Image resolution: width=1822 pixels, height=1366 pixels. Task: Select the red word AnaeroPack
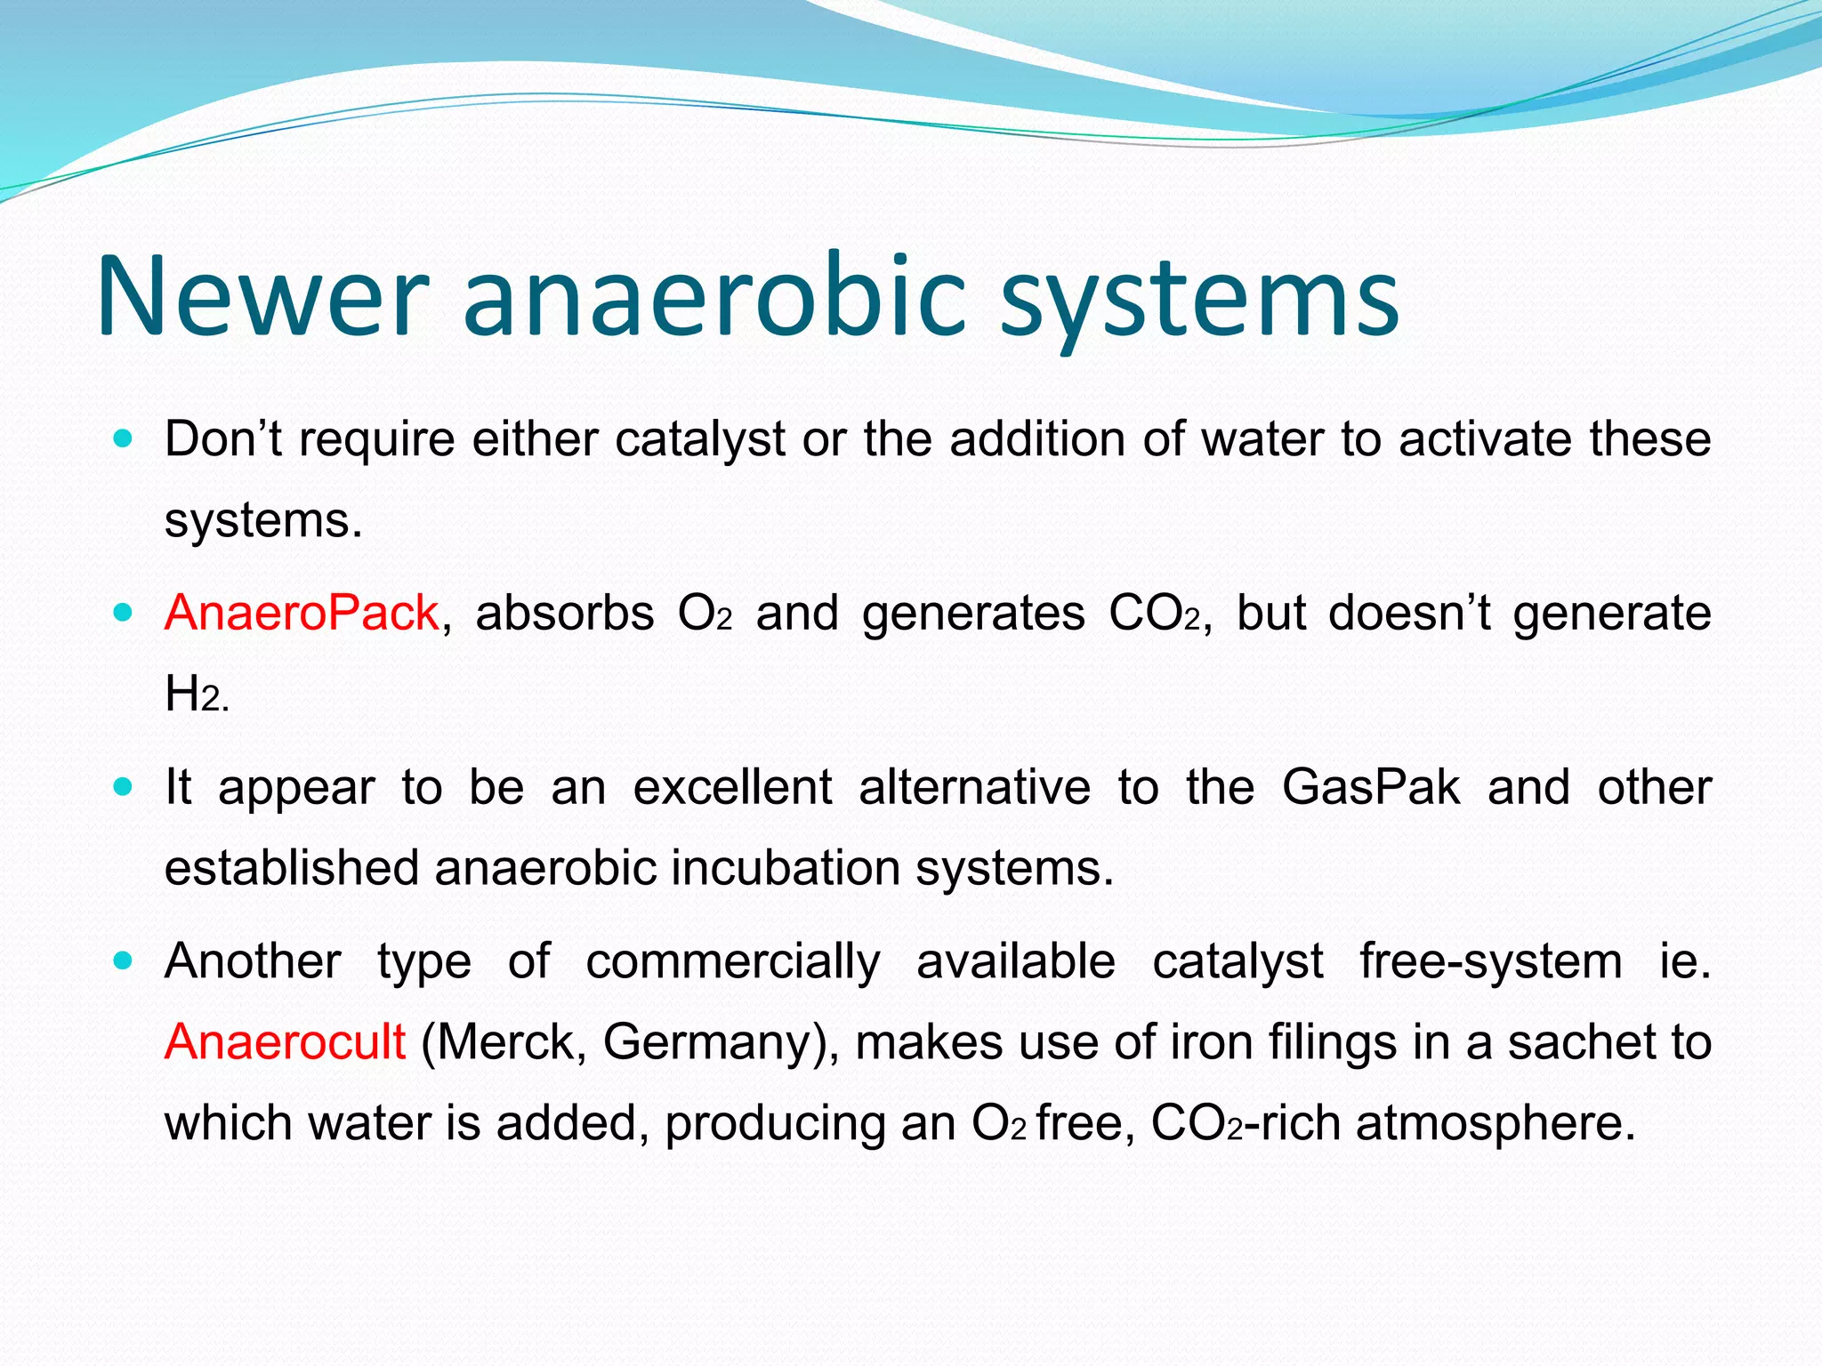302,613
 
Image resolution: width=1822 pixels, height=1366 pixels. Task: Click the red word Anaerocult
285,1041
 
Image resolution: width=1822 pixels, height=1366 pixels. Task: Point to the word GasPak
1371,787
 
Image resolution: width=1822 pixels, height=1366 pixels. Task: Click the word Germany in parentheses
714,1041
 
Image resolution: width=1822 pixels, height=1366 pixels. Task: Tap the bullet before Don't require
124,438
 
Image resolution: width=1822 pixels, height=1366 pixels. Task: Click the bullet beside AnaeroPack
124,613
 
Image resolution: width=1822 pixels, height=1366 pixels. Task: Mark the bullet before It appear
124,787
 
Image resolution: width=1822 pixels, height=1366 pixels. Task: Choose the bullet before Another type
124,960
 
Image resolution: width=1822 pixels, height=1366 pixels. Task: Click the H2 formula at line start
195,695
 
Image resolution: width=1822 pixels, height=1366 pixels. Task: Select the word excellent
732,787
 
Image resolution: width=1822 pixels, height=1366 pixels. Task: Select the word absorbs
565,613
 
